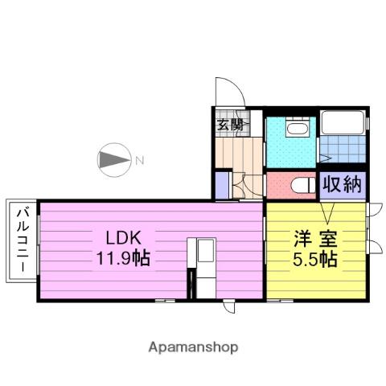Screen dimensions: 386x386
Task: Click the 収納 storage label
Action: coord(341,184)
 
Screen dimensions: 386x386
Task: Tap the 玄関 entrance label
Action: coord(230,125)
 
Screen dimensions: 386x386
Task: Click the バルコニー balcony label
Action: coord(22,240)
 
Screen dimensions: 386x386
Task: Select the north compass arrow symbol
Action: coord(113,160)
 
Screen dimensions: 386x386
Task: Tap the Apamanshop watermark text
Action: coord(192,347)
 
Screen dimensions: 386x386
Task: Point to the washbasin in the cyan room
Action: coord(293,129)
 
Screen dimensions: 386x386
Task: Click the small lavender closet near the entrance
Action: coord(223,184)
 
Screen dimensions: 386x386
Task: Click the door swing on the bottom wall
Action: coord(230,307)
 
